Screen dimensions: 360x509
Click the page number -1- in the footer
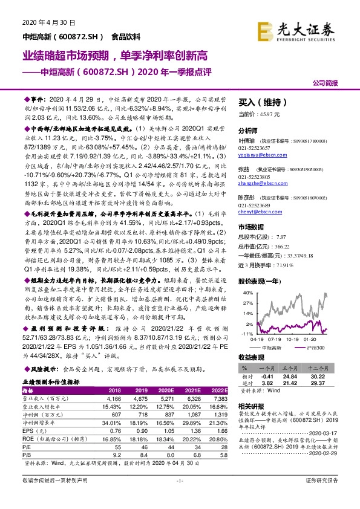tap(179, 497)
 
